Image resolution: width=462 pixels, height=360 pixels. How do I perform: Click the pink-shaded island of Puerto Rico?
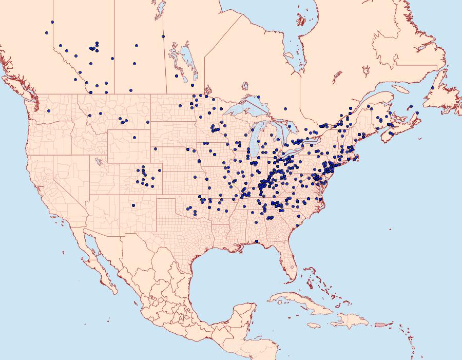tap(380, 324)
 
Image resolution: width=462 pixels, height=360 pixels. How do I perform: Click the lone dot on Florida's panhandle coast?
tap(256, 241)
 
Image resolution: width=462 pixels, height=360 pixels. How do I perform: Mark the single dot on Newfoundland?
tap(433, 88)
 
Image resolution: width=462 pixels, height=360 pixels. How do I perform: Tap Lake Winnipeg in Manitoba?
tap(186, 58)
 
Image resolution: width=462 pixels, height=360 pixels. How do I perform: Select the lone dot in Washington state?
tap(49, 110)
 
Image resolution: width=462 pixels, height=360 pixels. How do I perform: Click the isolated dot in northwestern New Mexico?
tap(133, 206)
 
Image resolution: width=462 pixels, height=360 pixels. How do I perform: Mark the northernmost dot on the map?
tap(52, 22)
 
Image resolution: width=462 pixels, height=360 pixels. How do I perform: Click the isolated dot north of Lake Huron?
tap(285, 108)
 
